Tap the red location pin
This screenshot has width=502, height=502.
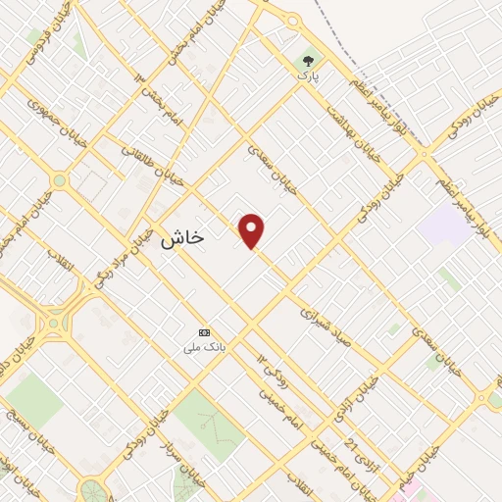tap(253, 231)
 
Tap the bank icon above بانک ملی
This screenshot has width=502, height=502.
tap(204, 332)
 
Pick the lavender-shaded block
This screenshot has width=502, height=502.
tap(443, 226)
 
